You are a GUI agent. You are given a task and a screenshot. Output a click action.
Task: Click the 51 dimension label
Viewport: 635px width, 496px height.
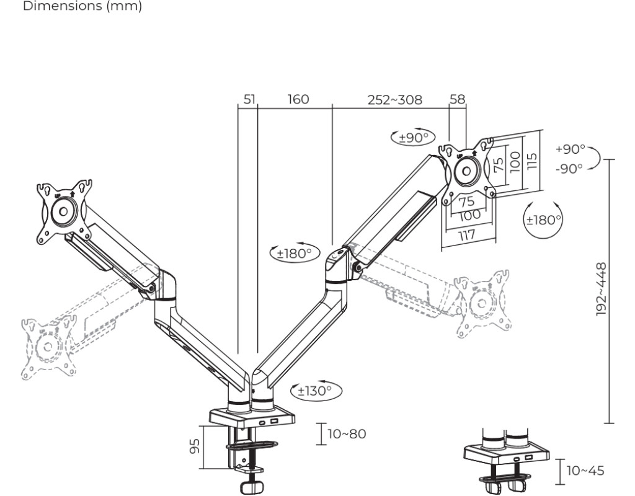coord(249,99)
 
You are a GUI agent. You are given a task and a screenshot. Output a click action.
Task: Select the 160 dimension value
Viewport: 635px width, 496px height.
coord(298,99)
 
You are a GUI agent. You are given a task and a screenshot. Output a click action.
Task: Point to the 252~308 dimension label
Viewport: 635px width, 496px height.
coord(394,100)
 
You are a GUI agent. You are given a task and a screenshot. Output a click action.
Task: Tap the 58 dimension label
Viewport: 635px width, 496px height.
coord(458,99)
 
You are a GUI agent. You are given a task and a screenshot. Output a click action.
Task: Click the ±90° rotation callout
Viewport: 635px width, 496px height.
coord(412,138)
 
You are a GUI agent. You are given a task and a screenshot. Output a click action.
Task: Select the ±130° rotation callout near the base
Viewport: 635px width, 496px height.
coord(316,391)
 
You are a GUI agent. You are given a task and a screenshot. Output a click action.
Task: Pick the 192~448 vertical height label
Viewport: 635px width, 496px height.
coord(602,289)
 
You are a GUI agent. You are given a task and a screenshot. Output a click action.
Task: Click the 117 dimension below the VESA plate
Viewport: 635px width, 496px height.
coord(466,235)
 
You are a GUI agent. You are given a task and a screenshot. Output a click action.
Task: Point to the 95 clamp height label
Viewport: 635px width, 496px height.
coord(195,446)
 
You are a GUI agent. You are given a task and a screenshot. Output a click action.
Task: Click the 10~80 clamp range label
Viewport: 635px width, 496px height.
coord(347,434)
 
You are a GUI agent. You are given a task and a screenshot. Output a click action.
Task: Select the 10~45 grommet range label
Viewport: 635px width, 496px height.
coord(585,471)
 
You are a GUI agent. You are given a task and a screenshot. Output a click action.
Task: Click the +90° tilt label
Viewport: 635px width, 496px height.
coord(571,149)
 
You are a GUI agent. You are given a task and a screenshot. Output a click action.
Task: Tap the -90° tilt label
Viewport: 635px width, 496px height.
coord(569,168)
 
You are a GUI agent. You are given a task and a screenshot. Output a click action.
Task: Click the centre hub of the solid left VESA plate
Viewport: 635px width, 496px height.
coord(63,211)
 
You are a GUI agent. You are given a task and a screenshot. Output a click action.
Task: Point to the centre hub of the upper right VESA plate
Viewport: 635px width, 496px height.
coord(466,171)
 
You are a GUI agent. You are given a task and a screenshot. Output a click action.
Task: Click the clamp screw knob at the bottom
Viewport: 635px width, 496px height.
coord(252,487)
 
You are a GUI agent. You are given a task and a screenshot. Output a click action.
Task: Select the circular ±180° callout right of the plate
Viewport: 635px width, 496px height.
coord(543,220)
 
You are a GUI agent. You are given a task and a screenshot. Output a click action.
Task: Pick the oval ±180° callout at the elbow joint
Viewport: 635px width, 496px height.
coord(295,254)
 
